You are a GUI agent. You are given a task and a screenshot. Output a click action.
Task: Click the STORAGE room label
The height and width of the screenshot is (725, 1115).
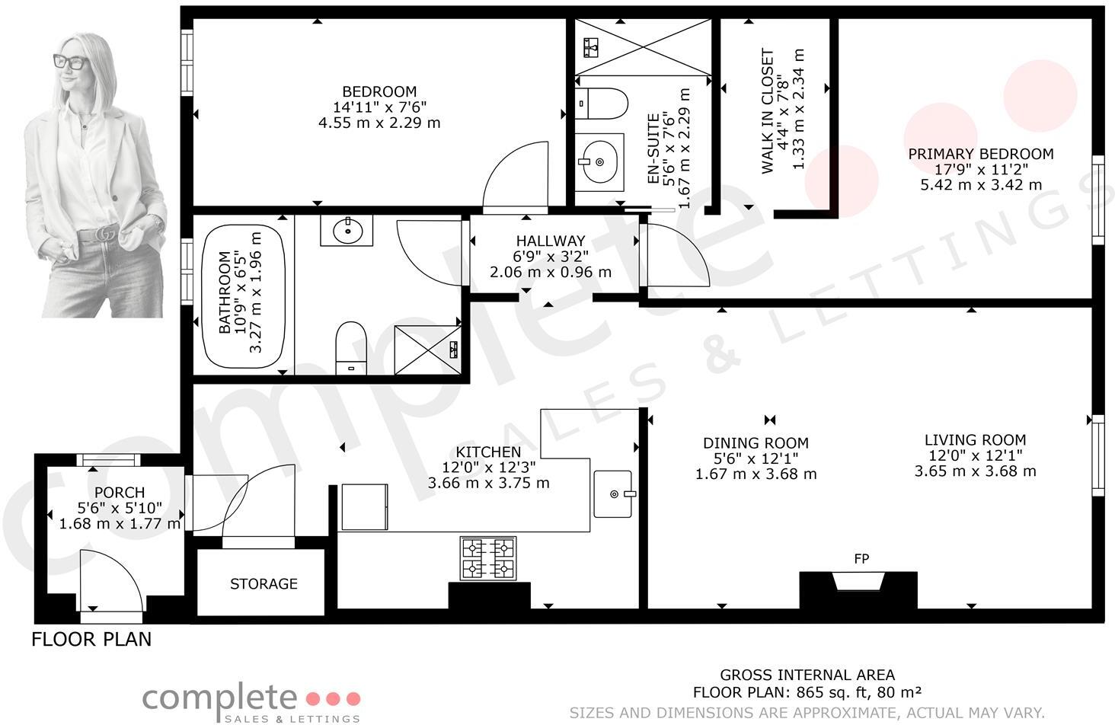click(264, 584)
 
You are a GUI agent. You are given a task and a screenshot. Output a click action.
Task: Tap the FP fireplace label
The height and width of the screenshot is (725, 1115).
click(861, 559)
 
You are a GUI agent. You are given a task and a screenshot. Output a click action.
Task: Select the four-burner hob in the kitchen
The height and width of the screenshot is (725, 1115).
click(487, 558)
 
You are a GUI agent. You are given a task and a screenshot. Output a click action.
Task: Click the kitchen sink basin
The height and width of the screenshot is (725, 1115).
click(614, 493)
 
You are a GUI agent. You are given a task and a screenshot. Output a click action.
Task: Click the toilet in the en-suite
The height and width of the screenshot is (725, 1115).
click(602, 103)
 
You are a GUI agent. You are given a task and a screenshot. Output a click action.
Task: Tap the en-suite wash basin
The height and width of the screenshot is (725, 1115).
click(599, 161)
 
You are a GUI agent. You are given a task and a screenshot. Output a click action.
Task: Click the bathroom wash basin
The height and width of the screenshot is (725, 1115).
click(347, 229)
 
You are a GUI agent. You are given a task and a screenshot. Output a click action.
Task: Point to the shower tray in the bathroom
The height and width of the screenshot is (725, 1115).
click(427, 350)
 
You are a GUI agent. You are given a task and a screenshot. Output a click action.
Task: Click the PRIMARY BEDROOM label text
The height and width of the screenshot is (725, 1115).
click(981, 154)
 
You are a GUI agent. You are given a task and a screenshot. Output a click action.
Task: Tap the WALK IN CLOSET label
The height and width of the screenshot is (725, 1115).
click(767, 112)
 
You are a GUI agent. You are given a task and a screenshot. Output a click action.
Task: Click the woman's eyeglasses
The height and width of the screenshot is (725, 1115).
click(71, 61)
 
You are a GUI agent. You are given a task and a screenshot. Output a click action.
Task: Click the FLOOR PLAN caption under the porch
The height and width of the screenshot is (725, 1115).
click(91, 639)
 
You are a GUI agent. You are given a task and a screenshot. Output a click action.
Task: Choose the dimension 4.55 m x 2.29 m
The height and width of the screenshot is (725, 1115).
click(379, 123)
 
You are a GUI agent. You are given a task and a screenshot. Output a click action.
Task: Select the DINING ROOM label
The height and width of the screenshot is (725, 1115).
click(756, 443)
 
